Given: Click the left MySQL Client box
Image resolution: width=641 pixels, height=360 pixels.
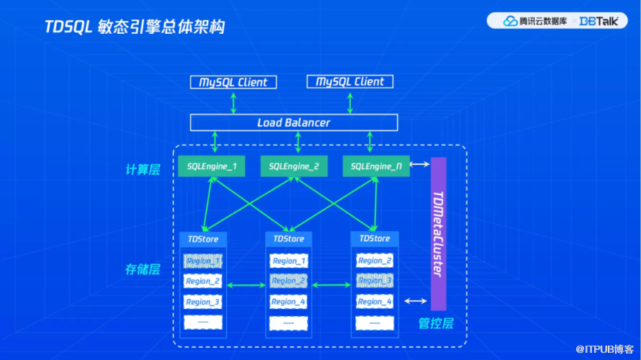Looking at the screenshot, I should (233, 82).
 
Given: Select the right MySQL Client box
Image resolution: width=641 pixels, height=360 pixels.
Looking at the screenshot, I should (350, 81).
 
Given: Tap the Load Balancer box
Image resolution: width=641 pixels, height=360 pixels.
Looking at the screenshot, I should (294, 122).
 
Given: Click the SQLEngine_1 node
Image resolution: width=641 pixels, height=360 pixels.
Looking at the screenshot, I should (212, 167).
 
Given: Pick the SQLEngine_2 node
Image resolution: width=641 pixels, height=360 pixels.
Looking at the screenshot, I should (294, 167).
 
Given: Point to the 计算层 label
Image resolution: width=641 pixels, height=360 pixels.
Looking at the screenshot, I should (141, 169).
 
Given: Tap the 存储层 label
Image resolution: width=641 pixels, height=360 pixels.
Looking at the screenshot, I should (141, 270).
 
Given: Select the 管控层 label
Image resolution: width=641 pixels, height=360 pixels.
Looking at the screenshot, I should (436, 324).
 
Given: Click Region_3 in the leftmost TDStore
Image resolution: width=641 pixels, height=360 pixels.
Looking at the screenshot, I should (202, 302).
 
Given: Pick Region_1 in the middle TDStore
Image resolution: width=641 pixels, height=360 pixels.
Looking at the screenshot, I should (288, 261).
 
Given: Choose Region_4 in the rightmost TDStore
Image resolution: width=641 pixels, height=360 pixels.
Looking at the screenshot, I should (375, 302).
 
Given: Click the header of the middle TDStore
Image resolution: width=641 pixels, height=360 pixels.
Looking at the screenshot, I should (288, 238).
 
